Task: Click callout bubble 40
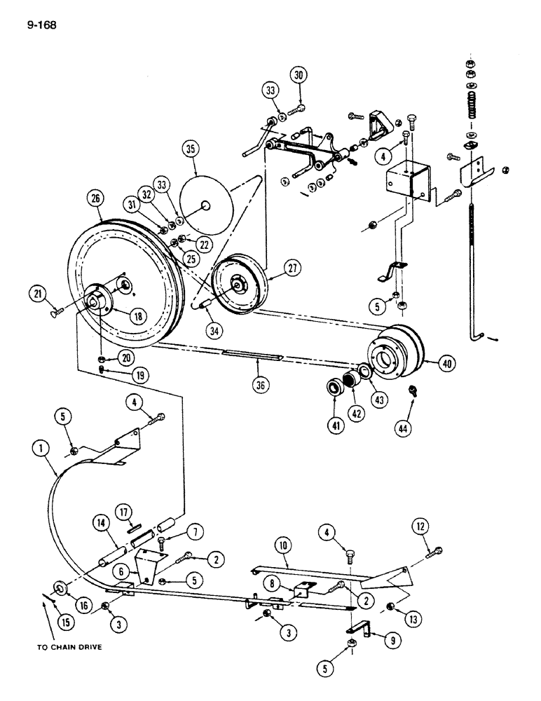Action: pos(443,364)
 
